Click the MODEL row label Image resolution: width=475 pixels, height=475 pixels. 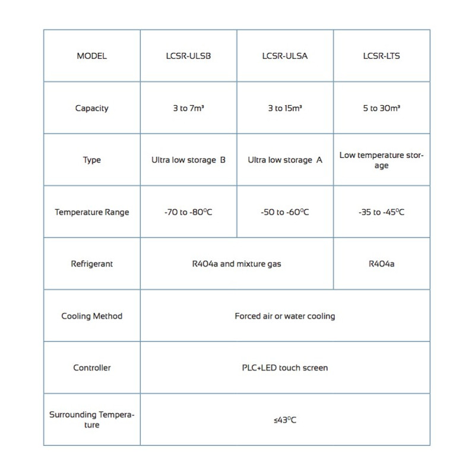click(92, 56)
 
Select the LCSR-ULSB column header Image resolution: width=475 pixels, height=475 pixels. click(189, 56)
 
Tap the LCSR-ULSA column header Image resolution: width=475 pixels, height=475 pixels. click(285, 56)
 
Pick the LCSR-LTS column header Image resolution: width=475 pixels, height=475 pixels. click(381, 56)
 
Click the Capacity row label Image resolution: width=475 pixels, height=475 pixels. click(92, 108)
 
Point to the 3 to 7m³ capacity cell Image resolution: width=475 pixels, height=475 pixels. click(189, 108)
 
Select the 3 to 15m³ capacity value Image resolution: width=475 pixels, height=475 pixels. click(285, 108)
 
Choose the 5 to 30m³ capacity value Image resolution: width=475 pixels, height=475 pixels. click(381, 108)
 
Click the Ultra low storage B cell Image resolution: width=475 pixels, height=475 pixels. click(189, 160)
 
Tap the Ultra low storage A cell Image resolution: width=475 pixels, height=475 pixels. click(285, 160)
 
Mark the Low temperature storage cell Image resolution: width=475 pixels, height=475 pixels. click(381, 160)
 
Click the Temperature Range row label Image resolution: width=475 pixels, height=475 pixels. click(92, 212)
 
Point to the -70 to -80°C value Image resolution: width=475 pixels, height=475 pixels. click(189, 212)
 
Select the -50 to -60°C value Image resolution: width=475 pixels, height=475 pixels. click(285, 212)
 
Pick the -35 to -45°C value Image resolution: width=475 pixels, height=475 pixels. click(381, 212)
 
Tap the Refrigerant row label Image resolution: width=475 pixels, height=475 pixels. click(92, 264)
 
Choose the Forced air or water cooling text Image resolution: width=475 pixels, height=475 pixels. click(285, 316)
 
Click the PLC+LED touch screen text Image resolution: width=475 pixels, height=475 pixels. click(285, 368)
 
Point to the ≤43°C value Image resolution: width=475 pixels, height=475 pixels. click(285, 420)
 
